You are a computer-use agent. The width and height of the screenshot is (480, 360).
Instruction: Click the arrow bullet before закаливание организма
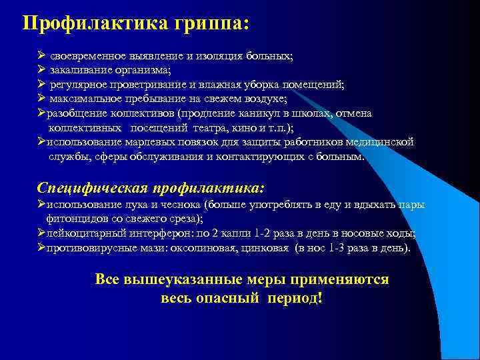click(x=41, y=71)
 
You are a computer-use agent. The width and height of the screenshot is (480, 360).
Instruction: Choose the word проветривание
click(x=163, y=85)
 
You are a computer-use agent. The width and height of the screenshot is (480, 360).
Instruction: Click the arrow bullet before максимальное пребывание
click(x=41, y=99)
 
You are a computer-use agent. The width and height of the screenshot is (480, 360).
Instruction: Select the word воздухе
click(x=265, y=99)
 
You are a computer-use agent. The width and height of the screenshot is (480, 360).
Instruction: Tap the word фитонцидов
click(x=74, y=218)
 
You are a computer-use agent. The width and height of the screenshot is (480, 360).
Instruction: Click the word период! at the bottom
click(x=294, y=297)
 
